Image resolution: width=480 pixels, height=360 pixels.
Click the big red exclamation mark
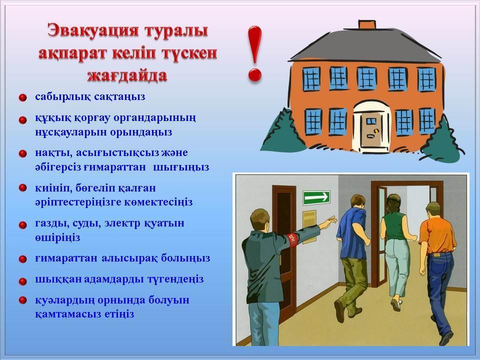[x=254, y=54]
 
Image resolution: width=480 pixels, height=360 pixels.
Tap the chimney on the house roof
[x=366, y=25]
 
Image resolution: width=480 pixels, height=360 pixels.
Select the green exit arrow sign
[x=316, y=197]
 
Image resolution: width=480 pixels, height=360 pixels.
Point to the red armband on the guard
[x=292, y=239]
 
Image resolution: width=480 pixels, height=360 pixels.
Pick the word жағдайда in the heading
[x=127, y=75]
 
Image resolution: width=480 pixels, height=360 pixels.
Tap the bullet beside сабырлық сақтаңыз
[x=22, y=97]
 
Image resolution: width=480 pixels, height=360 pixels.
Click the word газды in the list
[x=52, y=223]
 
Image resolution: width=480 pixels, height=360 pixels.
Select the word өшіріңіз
[x=57, y=237]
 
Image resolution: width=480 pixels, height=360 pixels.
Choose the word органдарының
[x=154, y=118]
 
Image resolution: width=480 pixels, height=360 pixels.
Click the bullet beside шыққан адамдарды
[x=22, y=280]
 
